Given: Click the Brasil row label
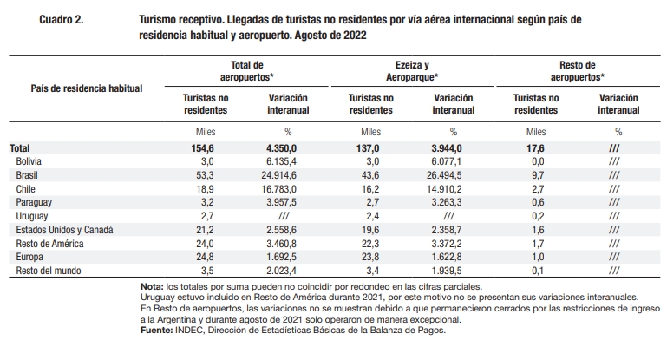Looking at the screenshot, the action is [27, 175].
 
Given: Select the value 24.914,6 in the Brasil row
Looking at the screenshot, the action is [278, 175].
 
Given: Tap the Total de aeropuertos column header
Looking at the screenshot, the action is [246, 71].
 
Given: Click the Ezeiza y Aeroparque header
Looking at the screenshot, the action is [412, 71].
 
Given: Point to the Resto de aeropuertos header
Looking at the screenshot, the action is [578, 71].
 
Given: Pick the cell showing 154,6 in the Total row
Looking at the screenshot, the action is [202, 148].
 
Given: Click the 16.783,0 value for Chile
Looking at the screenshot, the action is [278, 189].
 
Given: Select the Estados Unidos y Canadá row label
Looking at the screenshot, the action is [65, 230].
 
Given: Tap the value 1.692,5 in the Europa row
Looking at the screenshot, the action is [281, 257].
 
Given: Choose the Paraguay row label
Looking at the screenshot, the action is [34, 202].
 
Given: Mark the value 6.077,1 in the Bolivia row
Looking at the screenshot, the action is [446, 161].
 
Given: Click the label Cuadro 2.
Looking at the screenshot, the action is [62, 20].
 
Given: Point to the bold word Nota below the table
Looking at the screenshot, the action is [152, 287].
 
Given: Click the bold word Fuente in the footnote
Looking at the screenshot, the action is [156, 331].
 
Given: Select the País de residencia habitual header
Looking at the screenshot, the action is [87, 88].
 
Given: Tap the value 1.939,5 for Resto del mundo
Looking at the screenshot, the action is [446, 271].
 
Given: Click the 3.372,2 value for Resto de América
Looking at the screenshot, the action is [446, 244].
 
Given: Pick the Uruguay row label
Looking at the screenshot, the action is [32, 216].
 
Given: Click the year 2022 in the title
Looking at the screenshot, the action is [356, 36].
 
